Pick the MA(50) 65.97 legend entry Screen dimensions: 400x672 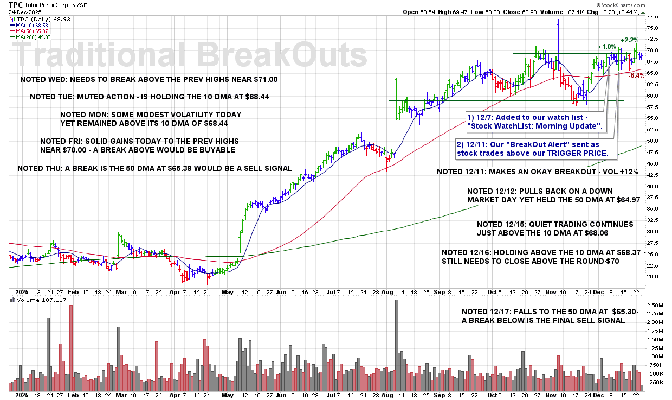30,30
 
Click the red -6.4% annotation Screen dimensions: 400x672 636,75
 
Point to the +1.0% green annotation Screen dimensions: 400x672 606,47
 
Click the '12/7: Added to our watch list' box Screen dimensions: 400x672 535,122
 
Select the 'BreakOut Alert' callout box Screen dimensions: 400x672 532,148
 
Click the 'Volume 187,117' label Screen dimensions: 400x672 37,300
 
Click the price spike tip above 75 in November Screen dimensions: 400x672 558,20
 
